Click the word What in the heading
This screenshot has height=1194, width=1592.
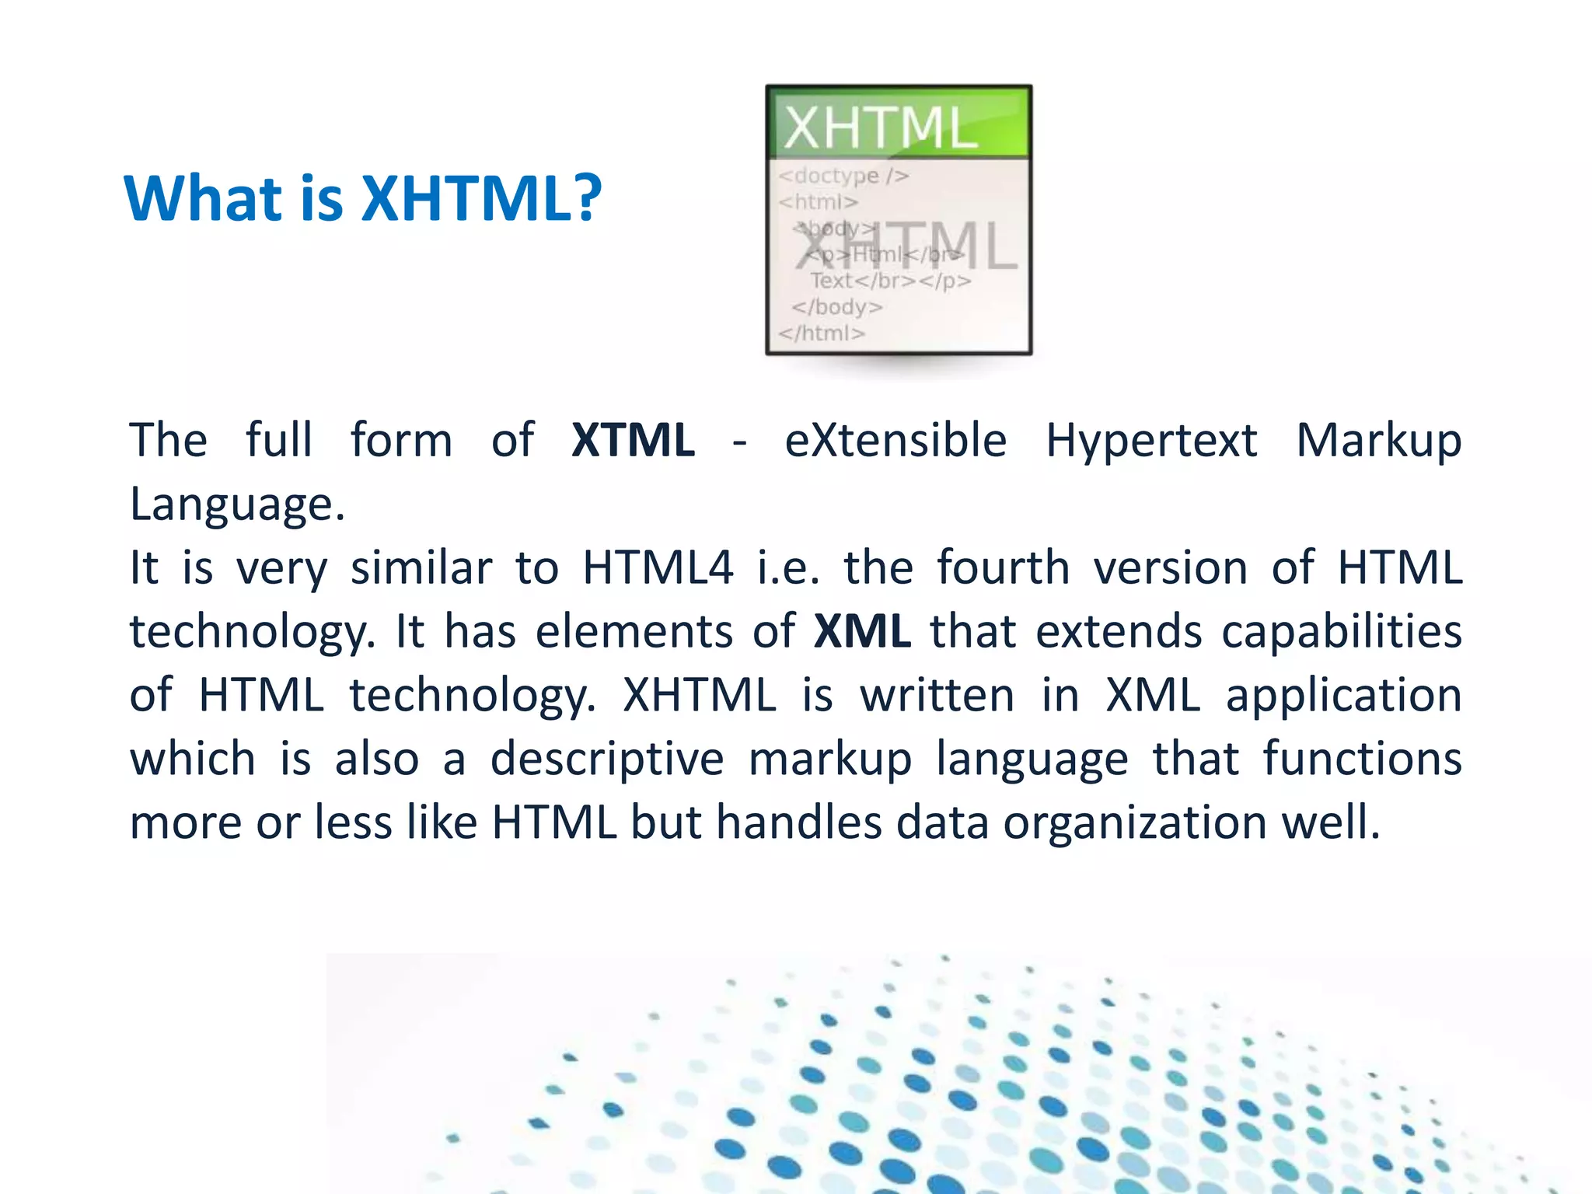coord(201,198)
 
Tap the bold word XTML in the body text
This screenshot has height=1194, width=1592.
coord(633,440)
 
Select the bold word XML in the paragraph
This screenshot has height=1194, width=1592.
coord(862,630)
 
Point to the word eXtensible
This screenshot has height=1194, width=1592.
coord(895,440)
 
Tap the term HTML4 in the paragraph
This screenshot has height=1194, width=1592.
coord(658,567)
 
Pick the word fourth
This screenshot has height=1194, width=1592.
coord(1004,567)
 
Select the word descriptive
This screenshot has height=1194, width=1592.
coord(607,759)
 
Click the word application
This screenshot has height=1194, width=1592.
coord(1344,696)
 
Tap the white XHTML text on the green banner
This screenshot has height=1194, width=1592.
coord(880,127)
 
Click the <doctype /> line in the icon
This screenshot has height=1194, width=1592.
coord(843,176)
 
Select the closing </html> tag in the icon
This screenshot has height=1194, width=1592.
coord(822,333)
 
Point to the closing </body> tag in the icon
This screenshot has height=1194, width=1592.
coord(837,307)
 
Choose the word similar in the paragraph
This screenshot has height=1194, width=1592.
coord(421,567)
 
